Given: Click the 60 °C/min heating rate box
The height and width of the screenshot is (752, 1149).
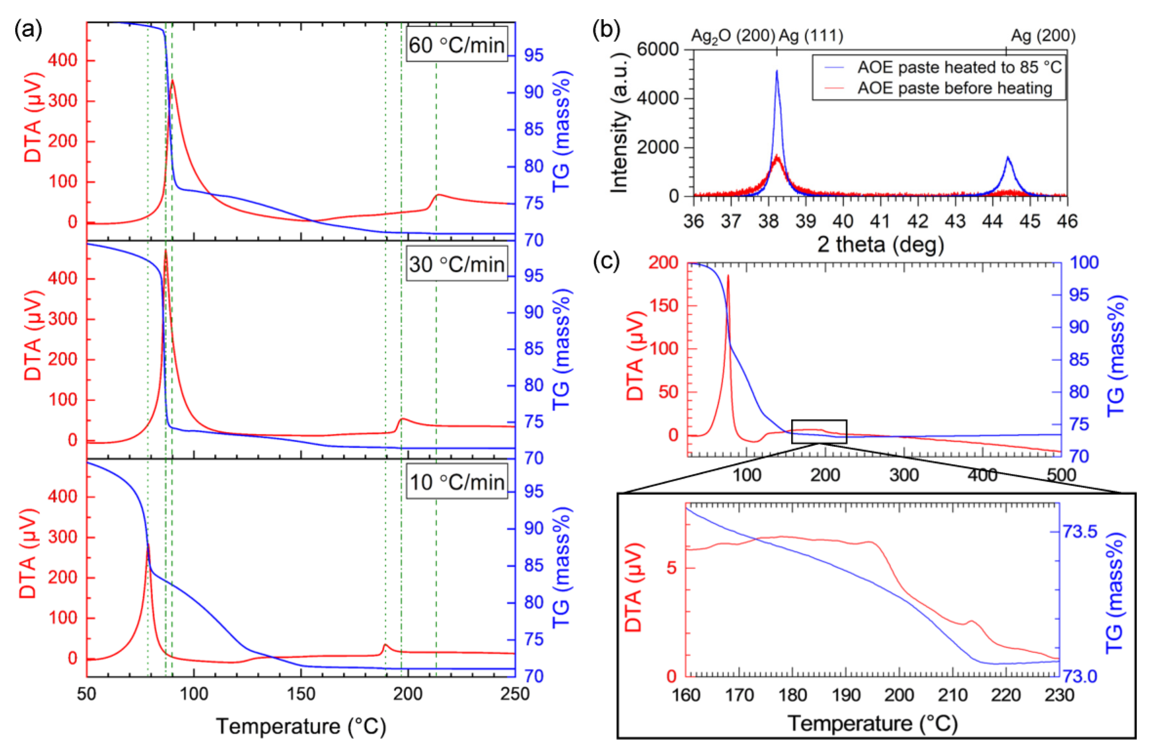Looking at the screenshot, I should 457,45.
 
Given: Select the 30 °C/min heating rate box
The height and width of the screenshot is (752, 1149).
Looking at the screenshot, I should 457,264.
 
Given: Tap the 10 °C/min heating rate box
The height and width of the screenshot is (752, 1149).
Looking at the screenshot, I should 457,482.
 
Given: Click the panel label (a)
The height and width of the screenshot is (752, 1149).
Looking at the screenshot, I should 28,30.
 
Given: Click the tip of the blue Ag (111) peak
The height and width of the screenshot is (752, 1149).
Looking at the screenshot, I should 777,71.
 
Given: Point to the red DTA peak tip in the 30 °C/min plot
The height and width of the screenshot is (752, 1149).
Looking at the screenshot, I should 165,251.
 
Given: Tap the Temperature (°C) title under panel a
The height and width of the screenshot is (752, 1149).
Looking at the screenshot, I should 301,726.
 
